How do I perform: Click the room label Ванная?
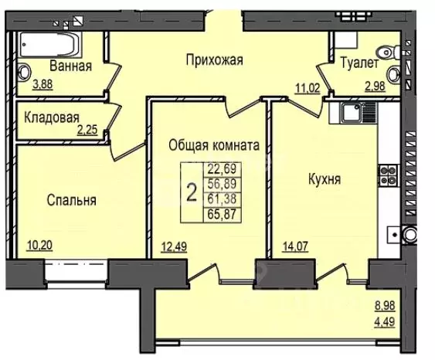(x=70, y=66)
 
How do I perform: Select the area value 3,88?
(x=42, y=87)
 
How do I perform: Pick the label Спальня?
(x=70, y=200)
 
